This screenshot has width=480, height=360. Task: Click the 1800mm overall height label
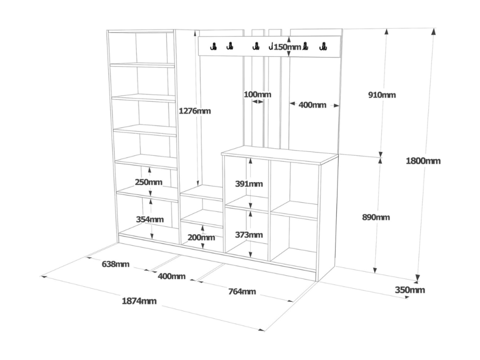tap(423, 161)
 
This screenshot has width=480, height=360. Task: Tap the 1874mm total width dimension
tap(139, 301)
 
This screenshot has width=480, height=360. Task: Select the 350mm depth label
tap(410, 290)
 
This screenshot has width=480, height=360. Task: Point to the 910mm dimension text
tap(382, 95)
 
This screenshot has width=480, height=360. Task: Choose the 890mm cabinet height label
tap(376, 217)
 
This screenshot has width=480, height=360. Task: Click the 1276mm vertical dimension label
tap(195, 111)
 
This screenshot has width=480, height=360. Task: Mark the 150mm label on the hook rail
tap(287, 47)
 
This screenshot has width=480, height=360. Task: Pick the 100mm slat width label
tap(257, 94)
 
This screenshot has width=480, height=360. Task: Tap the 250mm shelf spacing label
tap(149, 182)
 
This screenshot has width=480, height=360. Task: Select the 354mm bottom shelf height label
tap(150, 219)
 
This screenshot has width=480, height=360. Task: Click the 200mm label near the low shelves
tap(201, 237)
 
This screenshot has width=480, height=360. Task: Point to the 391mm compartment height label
tap(249, 184)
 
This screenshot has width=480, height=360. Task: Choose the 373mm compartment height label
tap(249, 235)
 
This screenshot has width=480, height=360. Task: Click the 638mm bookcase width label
tap(115, 264)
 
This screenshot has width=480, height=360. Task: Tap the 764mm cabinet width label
tap(242, 291)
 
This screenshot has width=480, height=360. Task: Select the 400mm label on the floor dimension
tap(172, 276)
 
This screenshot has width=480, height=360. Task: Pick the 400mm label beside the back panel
tap(312, 105)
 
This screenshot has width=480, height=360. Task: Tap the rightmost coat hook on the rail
tap(323, 47)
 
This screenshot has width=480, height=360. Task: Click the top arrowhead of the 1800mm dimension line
tap(434, 32)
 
